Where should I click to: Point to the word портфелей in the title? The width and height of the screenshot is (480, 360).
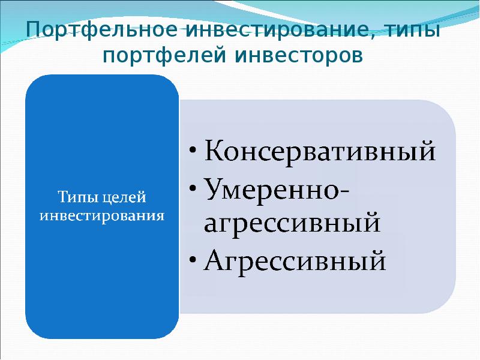tap(163, 57)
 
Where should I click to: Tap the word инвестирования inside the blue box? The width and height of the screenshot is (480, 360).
tap(101, 215)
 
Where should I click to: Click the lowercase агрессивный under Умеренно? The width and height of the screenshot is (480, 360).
tap(293, 224)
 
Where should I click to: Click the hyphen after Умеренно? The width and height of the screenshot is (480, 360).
tap(346, 191)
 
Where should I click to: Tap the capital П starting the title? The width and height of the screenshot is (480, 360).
tap(34, 29)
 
